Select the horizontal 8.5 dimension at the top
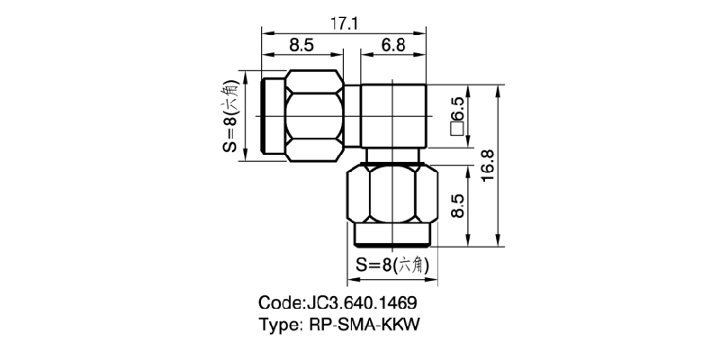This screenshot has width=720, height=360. tap(301, 44)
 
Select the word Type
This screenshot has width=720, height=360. tap(280, 323)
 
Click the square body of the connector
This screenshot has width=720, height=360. tap(392, 116)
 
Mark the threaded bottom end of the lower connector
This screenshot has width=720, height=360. tap(392, 237)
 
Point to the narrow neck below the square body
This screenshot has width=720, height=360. tap(392, 157)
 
